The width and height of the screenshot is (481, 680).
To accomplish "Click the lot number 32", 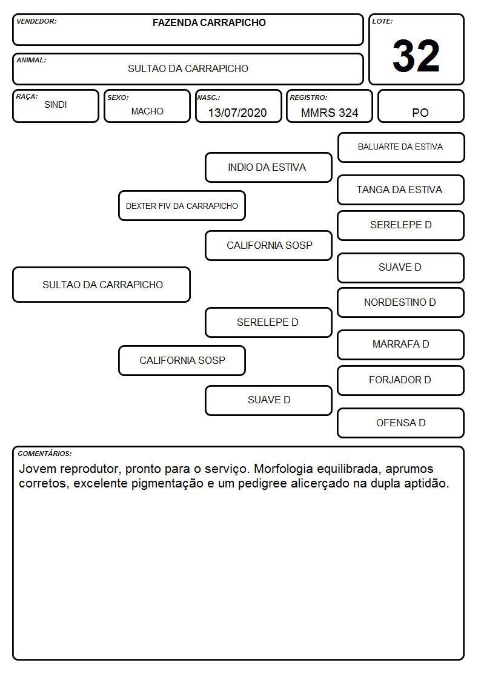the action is point(416,56).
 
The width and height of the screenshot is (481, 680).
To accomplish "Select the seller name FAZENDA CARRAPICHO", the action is point(209,22).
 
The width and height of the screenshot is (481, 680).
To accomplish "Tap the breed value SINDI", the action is point(56,105).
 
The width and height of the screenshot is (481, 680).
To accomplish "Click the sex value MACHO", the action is point(147,111).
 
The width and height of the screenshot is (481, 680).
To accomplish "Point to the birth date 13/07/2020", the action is point(237,113).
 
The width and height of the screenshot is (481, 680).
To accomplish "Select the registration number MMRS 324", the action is point(330,113).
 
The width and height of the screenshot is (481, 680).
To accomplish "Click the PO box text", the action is point(420,113).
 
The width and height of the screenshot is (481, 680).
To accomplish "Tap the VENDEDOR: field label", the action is point(36,21).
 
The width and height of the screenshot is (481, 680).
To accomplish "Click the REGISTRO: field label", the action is point(308,97).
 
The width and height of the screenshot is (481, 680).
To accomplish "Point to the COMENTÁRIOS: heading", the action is point(45,454).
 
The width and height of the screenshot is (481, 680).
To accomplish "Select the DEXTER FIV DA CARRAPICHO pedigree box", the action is point(182,205).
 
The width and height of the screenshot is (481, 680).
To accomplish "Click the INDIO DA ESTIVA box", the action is point(268,167).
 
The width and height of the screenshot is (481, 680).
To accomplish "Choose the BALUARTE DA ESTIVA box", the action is point(401,148).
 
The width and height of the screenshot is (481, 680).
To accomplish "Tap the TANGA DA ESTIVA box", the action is point(400,190).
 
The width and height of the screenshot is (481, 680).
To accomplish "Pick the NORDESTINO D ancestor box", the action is point(400,302).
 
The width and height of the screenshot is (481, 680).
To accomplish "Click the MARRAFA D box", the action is point(400,345).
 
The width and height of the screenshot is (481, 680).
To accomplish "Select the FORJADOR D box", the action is point(400,380).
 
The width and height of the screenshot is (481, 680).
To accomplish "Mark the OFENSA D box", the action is point(400,423).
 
